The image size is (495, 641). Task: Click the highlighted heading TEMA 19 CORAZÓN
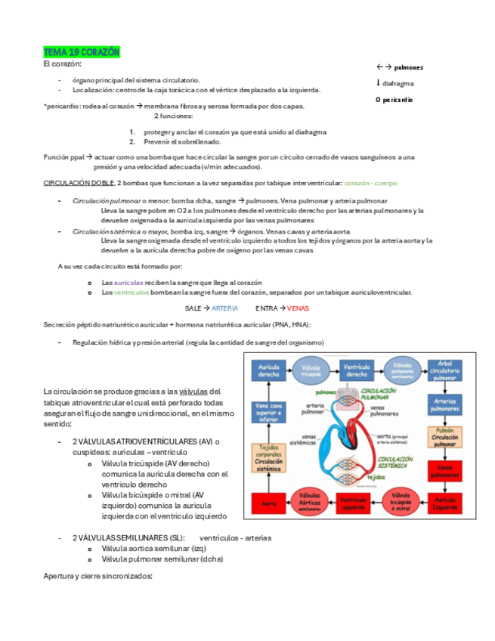(82, 52)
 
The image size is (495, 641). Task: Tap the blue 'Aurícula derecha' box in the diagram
(270, 370)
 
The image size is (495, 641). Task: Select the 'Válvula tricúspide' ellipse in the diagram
(313, 370)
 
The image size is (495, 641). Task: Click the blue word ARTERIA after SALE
(224, 308)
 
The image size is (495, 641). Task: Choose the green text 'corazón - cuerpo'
(370, 184)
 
